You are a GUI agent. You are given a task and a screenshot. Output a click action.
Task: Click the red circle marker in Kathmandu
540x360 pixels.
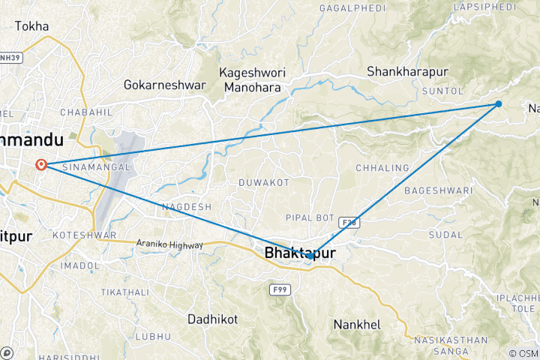point(41,164)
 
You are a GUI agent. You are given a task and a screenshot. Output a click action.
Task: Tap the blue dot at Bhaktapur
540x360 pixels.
point(310,256)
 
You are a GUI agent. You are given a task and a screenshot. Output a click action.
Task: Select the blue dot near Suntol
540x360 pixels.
point(499,104)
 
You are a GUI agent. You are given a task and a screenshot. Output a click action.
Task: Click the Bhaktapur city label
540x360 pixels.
point(299,253)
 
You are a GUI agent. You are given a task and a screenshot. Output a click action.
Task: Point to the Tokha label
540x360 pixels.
point(31,26)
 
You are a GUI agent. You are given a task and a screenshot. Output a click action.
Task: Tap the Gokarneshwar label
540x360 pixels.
point(164,85)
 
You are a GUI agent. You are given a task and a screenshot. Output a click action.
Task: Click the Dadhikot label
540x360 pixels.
point(212,319)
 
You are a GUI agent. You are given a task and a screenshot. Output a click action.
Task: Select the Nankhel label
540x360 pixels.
point(356,325)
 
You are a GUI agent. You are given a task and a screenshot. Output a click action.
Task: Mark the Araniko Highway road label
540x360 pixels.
point(169,244)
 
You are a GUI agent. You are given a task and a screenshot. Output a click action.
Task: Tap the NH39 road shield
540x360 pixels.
point(8,58)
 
